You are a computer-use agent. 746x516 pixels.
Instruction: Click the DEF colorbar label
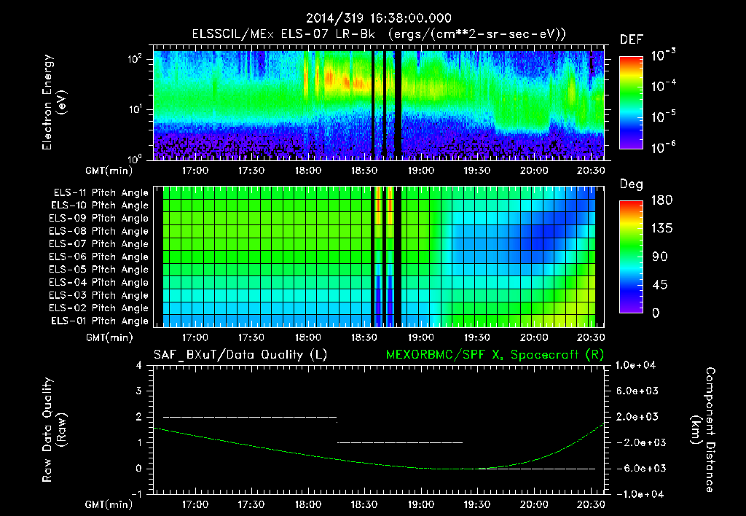click(x=631, y=39)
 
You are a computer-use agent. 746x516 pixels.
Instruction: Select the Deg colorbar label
click(x=631, y=184)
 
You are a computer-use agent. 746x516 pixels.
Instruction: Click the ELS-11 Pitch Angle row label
click(x=101, y=193)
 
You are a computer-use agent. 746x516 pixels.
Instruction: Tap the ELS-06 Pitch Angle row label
click(x=101, y=257)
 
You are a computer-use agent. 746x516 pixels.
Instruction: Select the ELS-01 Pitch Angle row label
click(x=101, y=321)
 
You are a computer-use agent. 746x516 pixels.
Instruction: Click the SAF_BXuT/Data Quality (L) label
click(x=229, y=355)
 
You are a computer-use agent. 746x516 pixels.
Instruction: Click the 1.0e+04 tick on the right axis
click(x=637, y=365)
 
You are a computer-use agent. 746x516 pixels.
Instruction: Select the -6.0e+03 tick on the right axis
click(x=637, y=468)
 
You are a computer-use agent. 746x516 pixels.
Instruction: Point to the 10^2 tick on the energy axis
click(x=134, y=60)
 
